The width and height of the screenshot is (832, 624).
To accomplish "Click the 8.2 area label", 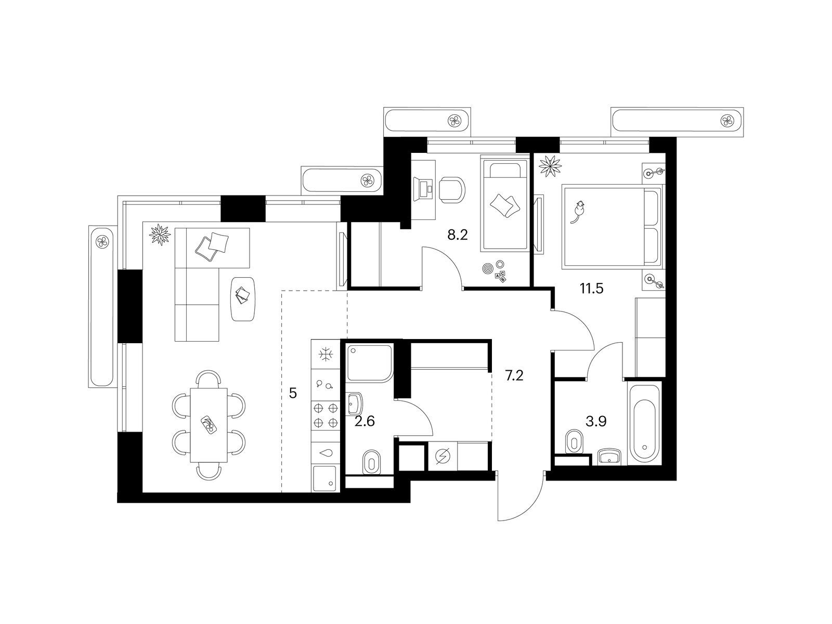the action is point(458,235).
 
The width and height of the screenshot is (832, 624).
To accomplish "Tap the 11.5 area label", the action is point(591,289).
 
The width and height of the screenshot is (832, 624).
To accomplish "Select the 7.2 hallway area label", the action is point(514,375).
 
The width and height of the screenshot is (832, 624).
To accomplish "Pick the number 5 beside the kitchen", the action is point(293,393).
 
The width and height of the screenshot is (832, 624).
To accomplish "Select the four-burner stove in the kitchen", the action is point(326,415).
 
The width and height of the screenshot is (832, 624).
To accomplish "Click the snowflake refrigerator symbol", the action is point(326,355).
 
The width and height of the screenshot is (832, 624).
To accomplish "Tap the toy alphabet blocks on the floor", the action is point(500,277).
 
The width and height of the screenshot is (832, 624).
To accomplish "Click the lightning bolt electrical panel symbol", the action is point(443,456).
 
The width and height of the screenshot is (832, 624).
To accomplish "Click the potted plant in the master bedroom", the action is point(550,166).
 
